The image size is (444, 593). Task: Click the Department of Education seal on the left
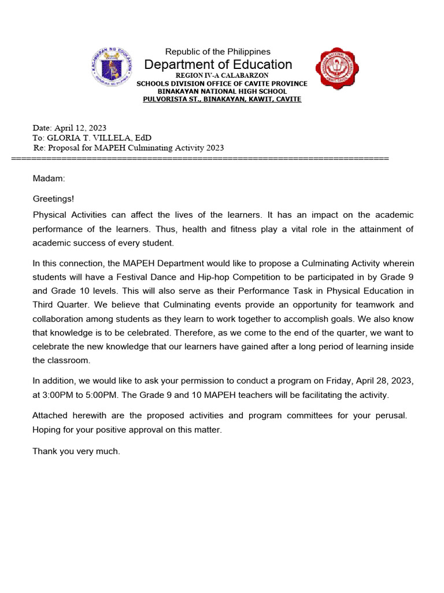112,69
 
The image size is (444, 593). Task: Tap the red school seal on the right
336,69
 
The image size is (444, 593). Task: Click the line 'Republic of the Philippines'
218,52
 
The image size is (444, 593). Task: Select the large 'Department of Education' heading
218,64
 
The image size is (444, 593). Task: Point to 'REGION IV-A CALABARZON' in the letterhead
221,76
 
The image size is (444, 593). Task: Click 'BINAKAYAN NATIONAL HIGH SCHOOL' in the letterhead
222,91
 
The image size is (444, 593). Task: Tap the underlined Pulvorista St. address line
222,99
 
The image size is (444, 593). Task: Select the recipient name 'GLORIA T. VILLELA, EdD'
99,138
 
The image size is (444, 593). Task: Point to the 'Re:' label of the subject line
39,148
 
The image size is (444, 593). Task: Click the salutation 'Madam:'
49,179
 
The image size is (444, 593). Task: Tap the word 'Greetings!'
53,199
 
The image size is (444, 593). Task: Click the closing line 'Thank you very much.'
76,451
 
